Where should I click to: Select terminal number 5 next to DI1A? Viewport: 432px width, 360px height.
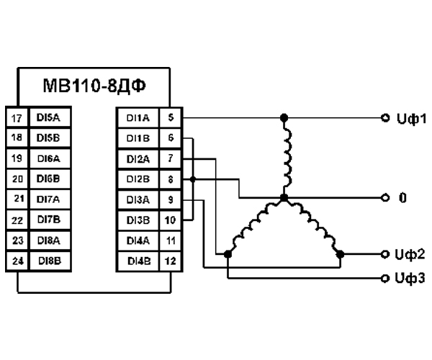(x=170, y=117)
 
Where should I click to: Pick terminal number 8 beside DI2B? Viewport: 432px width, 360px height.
(x=170, y=178)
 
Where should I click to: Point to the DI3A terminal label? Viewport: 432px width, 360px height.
(x=137, y=199)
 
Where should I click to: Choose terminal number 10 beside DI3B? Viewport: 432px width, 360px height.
(x=170, y=219)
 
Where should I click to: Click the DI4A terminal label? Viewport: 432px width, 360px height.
(x=137, y=239)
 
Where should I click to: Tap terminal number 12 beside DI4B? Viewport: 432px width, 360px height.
(x=170, y=259)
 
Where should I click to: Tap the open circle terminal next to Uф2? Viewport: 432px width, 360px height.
(x=385, y=254)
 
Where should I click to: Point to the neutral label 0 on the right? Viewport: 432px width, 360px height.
(x=400, y=196)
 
